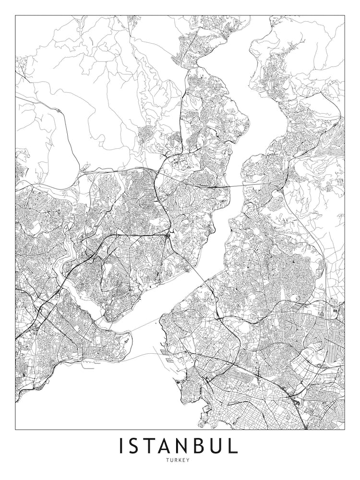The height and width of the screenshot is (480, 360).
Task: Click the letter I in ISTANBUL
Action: [122, 446]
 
